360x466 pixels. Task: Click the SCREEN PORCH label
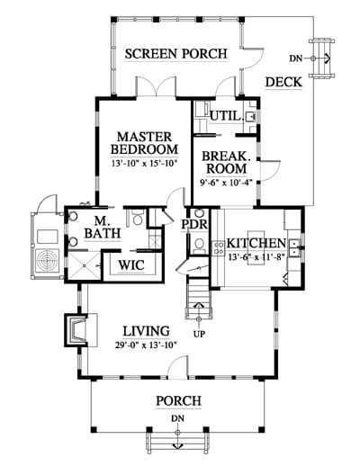(x=176, y=54)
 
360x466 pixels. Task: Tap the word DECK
(x=283, y=82)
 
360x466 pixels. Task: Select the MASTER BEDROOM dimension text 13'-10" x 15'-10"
(x=145, y=164)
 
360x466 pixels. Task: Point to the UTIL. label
(x=227, y=116)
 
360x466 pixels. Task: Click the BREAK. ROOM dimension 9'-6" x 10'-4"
(x=227, y=182)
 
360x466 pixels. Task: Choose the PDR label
(x=194, y=224)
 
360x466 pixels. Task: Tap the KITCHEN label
(x=256, y=243)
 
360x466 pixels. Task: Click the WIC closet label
(x=131, y=265)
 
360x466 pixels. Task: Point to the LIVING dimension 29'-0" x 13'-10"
(x=146, y=345)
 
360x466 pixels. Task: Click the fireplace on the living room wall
(x=76, y=330)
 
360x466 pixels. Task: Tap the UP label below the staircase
(x=199, y=334)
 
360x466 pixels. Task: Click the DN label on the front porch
(x=177, y=418)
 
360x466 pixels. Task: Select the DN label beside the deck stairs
(x=296, y=58)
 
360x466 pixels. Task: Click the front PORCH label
(x=178, y=401)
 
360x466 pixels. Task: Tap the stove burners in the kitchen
(x=218, y=248)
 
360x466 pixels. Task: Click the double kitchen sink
(x=294, y=248)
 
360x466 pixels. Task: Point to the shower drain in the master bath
(x=85, y=265)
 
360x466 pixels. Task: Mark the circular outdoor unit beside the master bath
(x=48, y=261)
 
